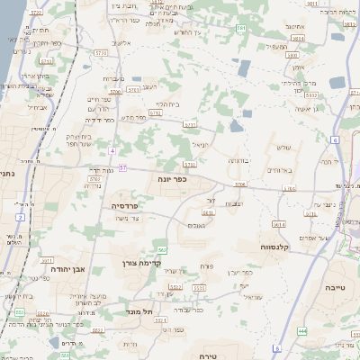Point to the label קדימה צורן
pyautogui.click(x=140, y=263)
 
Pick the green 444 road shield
pyautogui.click(x=302, y=331)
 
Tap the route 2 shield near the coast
pyautogui.click(x=19, y=217)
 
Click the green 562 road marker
pyautogui.click(x=162, y=248)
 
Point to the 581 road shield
pyautogui.click(x=241, y=29)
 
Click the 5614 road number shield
pyautogui.click(x=279, y=223)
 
